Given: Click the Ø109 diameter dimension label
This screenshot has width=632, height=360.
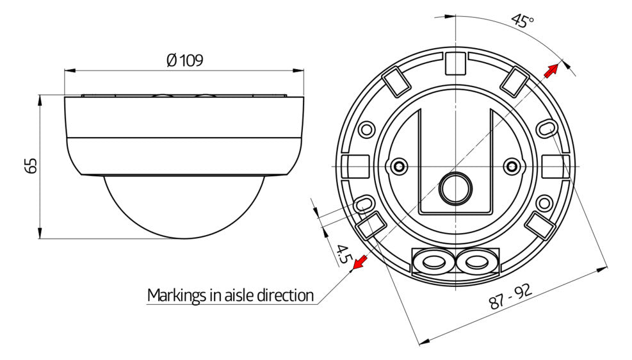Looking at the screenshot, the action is pos(184,60).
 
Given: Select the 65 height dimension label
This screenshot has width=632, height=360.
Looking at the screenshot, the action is pos(31,166).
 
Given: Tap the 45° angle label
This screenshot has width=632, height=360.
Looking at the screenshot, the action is pos(523,20).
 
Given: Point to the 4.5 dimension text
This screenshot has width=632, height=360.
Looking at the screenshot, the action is pos(342,254).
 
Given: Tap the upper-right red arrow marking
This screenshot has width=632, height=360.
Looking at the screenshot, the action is pos(551,71).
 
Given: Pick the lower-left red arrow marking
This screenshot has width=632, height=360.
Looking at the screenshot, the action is pos(359,263).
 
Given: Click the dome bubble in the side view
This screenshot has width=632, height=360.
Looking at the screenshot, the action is pos(184,206).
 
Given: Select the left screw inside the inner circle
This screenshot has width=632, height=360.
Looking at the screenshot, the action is pos(400,166).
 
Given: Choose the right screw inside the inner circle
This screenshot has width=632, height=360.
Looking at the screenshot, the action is pos(512,166).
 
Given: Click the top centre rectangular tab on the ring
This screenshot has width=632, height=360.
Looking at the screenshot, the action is pos(455,63).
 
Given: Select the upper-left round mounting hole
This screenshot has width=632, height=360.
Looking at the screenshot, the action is pos(366,130).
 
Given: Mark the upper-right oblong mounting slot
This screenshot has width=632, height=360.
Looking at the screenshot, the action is pos(545,129).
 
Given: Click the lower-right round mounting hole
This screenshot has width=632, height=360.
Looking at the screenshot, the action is pos(544,203).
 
